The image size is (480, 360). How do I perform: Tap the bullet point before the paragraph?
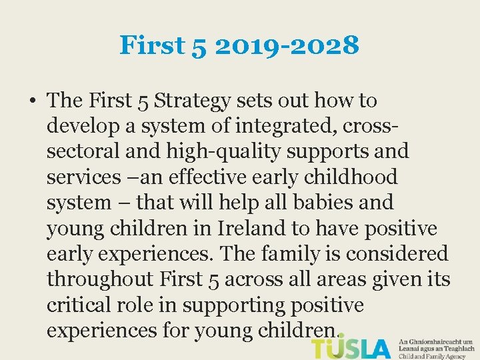point(33,101)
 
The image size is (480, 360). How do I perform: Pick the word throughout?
point(100,279)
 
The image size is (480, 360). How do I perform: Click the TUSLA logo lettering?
point(351,348)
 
